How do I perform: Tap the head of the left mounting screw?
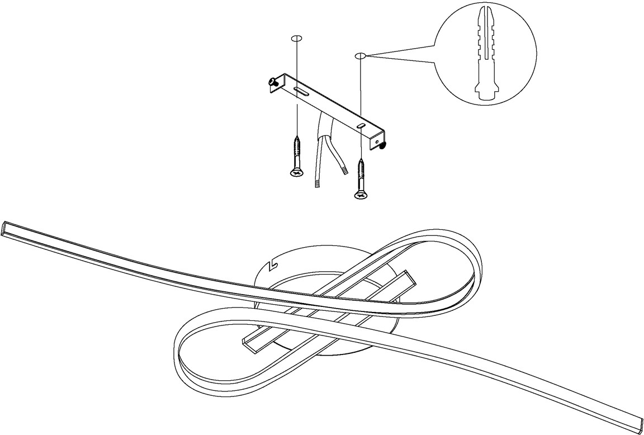[x=296, y=173]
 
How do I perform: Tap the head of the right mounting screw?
[x=359, y=195]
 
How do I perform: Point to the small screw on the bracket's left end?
[x=273, y=82]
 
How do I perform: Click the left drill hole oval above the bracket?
[x=296, y=39]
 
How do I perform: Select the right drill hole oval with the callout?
[x=360, y=56]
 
